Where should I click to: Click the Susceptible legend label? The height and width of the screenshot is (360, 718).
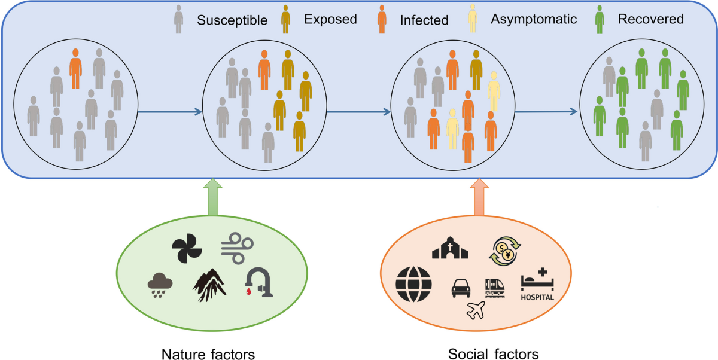[x=232, y=20]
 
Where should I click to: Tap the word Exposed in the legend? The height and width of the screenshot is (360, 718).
[x=330, y=19]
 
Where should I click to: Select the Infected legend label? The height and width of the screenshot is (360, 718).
[x=424, y=20]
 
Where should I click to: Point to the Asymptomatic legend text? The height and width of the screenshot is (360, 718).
[x=534, y=19]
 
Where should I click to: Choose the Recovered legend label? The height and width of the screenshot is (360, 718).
[x=651, y=19]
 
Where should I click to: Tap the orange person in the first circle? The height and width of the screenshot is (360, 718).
[x=75, y=68]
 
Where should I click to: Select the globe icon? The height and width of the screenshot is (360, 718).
[x=413, y=284]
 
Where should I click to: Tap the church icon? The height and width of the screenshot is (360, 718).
[x=451, y=246]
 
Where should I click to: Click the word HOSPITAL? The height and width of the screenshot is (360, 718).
[x=537, y=297]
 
